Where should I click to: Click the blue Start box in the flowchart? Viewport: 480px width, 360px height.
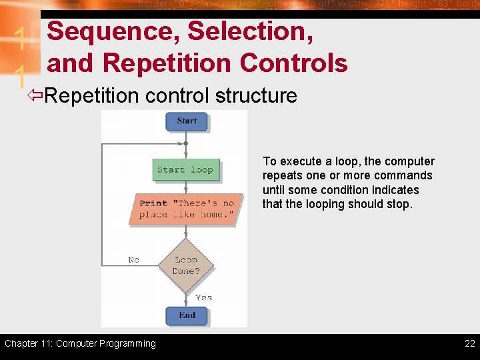point(187,121)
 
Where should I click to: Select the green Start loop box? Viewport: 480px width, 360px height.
point(185,170)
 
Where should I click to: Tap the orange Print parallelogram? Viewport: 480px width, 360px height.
point(187,209)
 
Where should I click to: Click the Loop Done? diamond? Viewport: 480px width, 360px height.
point(186,265)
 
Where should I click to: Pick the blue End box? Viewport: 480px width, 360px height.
point(187,315)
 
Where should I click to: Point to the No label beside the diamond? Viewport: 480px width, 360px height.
point(134,260)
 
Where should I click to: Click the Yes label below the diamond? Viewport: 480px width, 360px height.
point(203,297)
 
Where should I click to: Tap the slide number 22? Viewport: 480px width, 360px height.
point(470,343)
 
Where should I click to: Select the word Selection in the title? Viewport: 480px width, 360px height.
point(251,31)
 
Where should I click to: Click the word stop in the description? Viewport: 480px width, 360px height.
point(400,204)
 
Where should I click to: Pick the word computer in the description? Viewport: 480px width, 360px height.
point(410,161)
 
